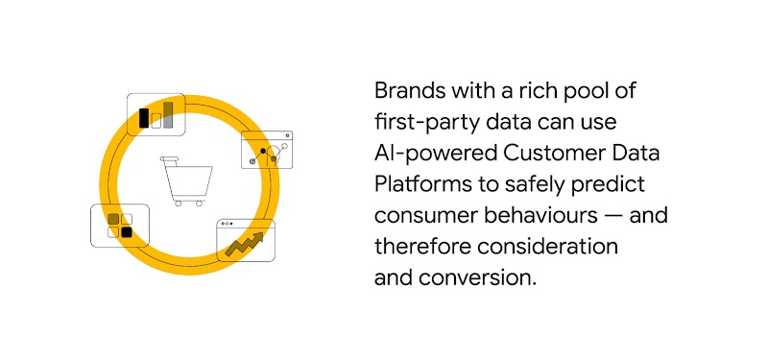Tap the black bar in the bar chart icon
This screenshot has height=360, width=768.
click(144, 117)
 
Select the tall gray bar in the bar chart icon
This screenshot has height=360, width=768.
click(168, 114)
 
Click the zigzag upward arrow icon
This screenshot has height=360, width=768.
click(246, 243)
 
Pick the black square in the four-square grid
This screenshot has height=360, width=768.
click(126, 232)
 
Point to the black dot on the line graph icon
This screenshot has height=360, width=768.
click(262, 151)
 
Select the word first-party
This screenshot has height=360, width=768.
click(424, 123)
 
